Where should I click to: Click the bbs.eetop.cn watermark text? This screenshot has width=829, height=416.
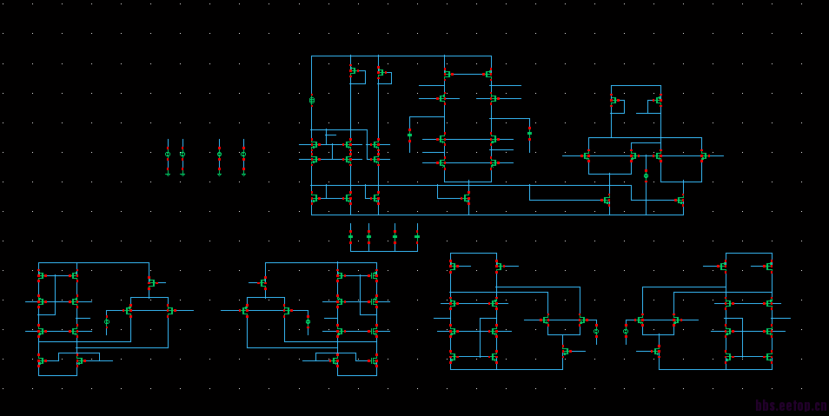coord(790,406)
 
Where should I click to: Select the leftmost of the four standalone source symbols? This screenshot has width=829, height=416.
coord(168,155)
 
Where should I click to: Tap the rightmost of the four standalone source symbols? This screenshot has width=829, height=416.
coord(243,155)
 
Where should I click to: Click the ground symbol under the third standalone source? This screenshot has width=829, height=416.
coord(219,174)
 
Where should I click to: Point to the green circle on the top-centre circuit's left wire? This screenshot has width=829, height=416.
coord(312,101)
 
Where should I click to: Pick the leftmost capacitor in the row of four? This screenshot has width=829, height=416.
coord(350,236)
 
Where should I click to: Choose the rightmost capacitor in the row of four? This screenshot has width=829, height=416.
coord(417,236)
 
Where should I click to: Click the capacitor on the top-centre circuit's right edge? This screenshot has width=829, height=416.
coord(529,132)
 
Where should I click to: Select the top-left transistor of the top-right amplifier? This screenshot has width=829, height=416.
coord(614,101)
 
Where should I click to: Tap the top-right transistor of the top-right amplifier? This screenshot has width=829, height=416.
coord(657,101)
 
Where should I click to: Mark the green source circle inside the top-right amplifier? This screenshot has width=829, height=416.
coord(646,175)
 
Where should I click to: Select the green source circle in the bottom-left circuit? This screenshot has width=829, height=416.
coord(107,321)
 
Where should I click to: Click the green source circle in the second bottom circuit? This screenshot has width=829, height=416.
coord(308,321)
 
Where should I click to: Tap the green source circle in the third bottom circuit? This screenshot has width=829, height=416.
coord(596,331)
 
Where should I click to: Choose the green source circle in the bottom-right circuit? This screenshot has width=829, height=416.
coord(626,331)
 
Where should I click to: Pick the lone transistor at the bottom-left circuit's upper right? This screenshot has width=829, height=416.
coord(150,282)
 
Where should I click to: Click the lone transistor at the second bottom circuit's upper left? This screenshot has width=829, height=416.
coord(264,282)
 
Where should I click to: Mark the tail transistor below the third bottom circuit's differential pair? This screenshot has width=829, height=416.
coord(565,352)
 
